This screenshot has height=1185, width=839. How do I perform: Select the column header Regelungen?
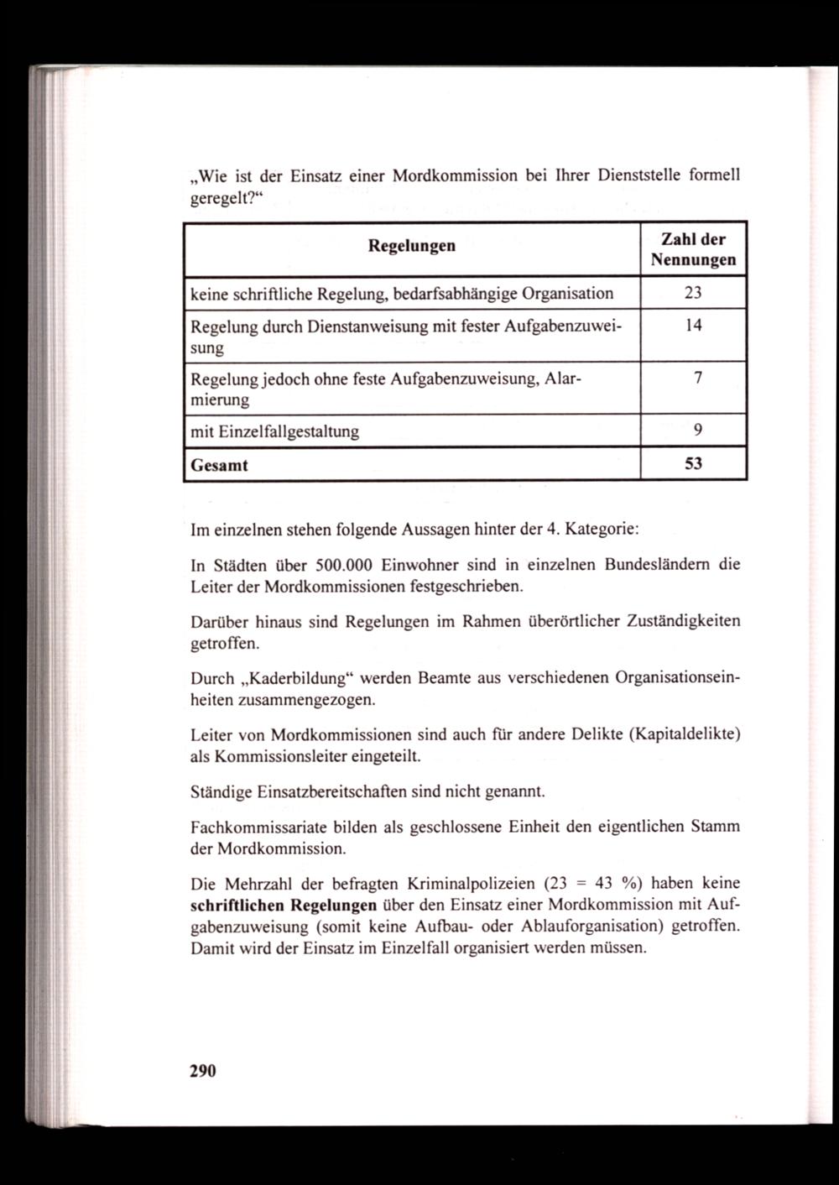412,246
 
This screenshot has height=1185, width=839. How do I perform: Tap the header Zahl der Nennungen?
693,249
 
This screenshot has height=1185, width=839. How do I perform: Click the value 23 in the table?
692,293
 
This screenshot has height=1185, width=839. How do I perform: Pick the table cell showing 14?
693,326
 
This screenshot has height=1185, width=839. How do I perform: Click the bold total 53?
693,463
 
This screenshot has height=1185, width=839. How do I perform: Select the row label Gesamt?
220,464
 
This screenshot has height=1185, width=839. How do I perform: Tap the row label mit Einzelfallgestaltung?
275,431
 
